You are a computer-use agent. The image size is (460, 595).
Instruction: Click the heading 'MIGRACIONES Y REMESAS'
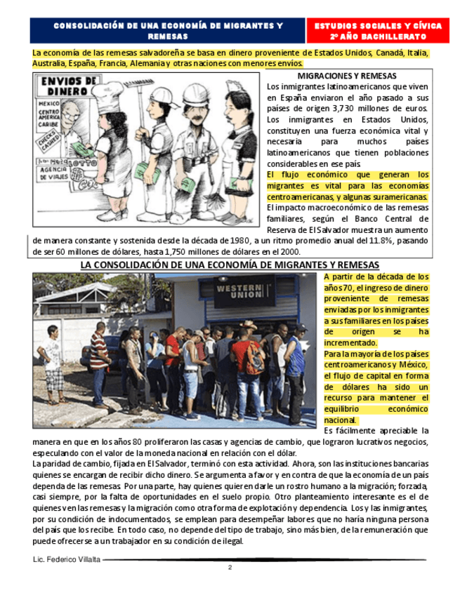point(347,76)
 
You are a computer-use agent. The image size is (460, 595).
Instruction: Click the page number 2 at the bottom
point(230,568)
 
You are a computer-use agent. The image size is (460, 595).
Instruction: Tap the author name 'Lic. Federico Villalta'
point(67,559)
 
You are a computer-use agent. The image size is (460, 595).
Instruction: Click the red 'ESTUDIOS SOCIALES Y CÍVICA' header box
point(379,30)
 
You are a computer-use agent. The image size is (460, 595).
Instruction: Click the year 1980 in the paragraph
point(247,241)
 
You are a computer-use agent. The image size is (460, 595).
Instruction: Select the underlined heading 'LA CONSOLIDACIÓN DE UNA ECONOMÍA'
point(230,265)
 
